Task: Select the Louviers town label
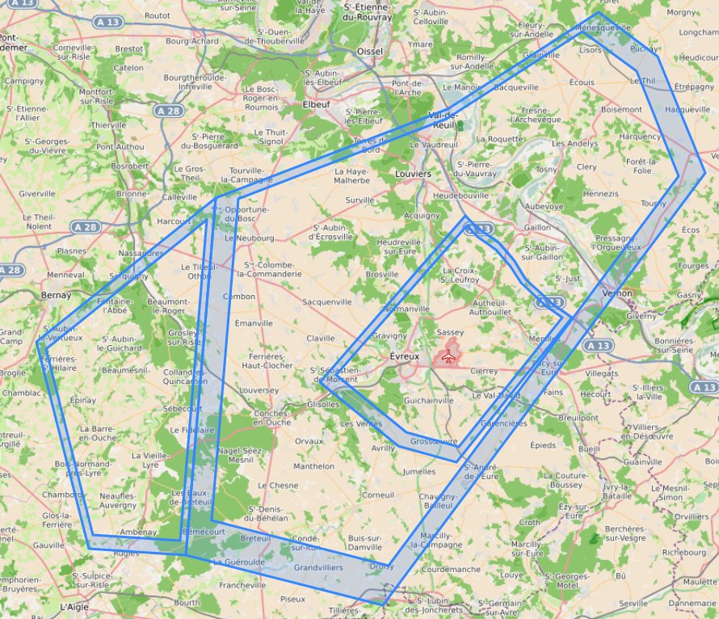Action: click(414, 174)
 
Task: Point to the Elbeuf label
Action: click(316, 104)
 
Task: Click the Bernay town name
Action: click(56, 296)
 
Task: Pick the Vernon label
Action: click(617, 293)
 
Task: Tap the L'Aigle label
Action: click(75, 605)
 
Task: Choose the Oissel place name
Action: click(369, 52)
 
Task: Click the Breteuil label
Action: click(255, 538)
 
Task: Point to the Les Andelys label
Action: click(574, 144)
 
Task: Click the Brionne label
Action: click(132, 194)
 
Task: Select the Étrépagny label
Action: click(694, 86)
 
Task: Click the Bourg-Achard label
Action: click(191, 40)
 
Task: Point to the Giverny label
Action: click(641, 317)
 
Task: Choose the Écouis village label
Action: click(582, 82)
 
